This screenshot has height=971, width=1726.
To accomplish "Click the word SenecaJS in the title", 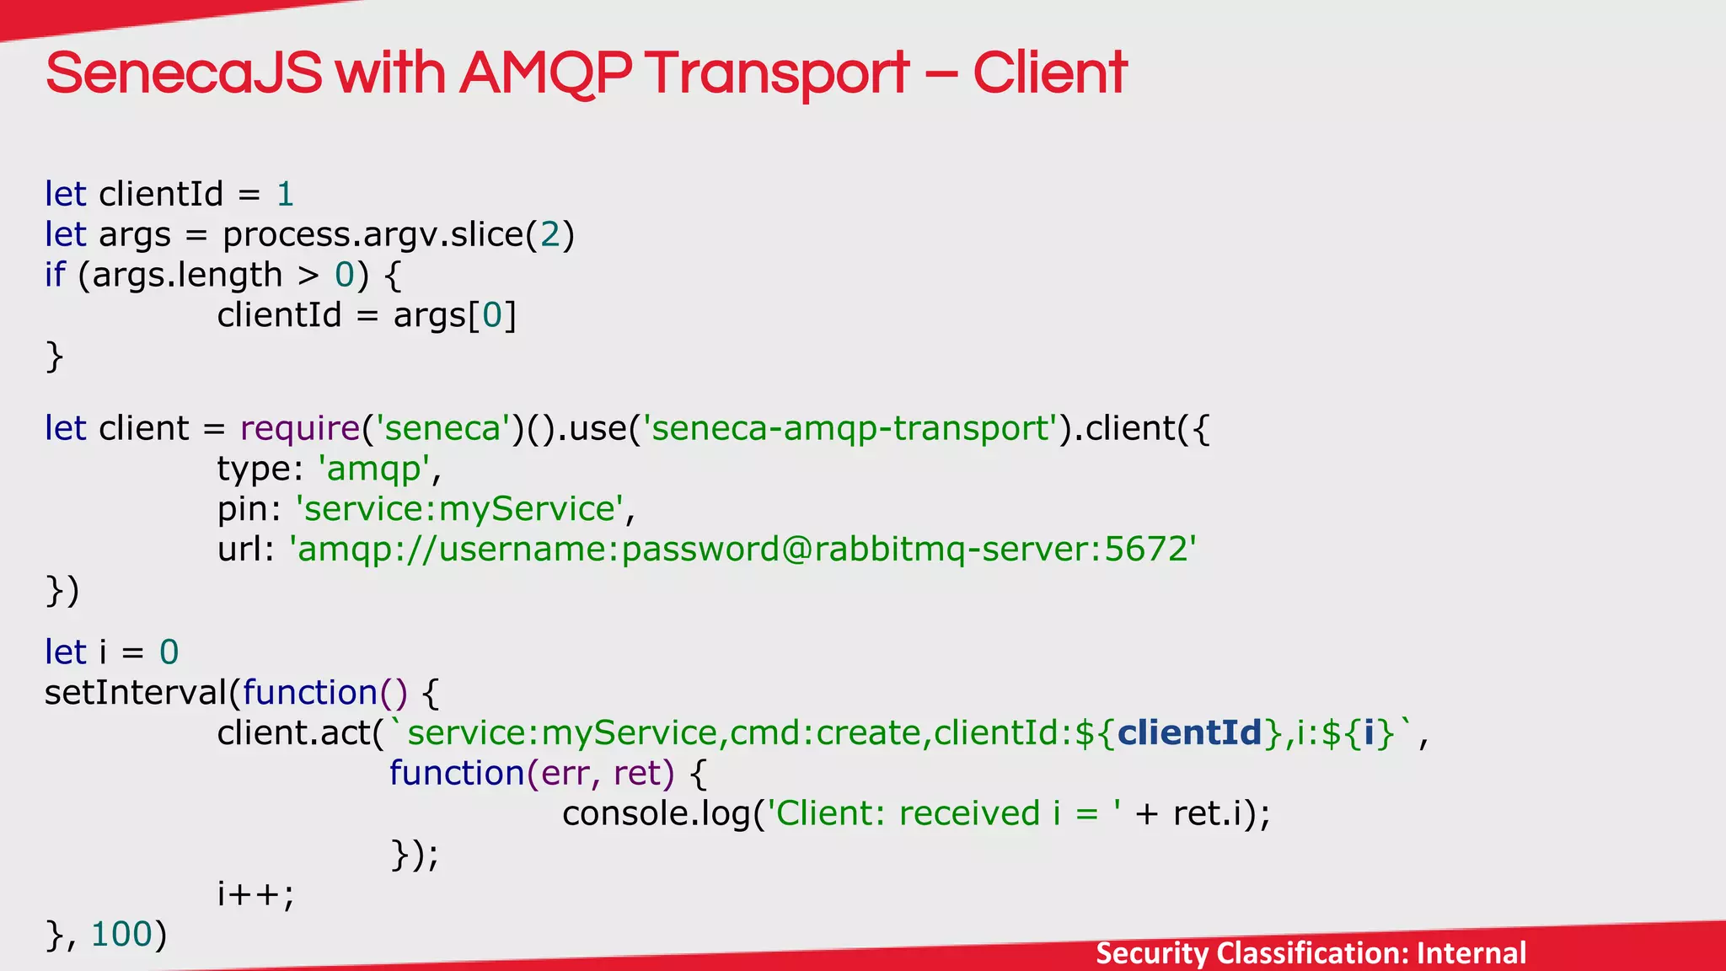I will tap(184, 73).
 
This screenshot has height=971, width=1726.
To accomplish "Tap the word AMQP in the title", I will tap(545, 73).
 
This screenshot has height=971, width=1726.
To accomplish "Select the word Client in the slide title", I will tap(1049, 73).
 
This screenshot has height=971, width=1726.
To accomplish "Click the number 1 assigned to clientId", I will tap(285, 195).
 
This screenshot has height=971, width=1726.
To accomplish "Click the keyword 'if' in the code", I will tap(55, 275).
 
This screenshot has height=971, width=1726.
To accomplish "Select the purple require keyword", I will tap(300, 428).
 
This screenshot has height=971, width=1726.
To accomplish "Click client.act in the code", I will tap(295, 732).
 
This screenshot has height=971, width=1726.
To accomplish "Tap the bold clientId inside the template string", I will tap(1189, 732).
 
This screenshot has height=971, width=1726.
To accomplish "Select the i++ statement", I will tap(255, 893).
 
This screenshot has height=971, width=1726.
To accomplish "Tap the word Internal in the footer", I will tap(1471, 953).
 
